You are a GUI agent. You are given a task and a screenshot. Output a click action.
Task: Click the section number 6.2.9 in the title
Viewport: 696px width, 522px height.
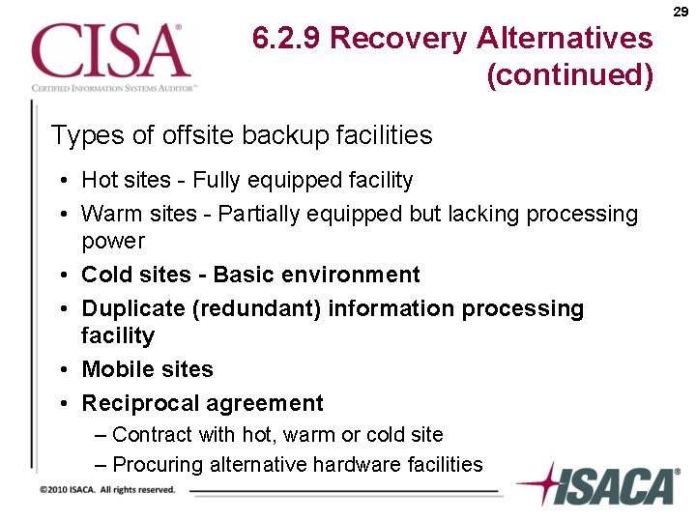(287, 39)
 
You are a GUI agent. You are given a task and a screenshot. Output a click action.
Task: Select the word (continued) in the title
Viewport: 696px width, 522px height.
(570, 74)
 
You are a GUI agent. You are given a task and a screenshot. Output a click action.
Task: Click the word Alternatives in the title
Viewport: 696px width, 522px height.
(565, 39)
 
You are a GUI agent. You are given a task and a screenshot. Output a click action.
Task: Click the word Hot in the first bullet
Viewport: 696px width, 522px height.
(99, 180)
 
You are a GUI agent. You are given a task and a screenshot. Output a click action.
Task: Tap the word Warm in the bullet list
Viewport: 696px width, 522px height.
(108, 214)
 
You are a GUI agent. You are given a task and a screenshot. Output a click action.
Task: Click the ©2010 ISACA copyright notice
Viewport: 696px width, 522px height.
(107, 490)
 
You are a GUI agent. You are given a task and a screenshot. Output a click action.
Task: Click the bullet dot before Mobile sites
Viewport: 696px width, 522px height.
(61, 370)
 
